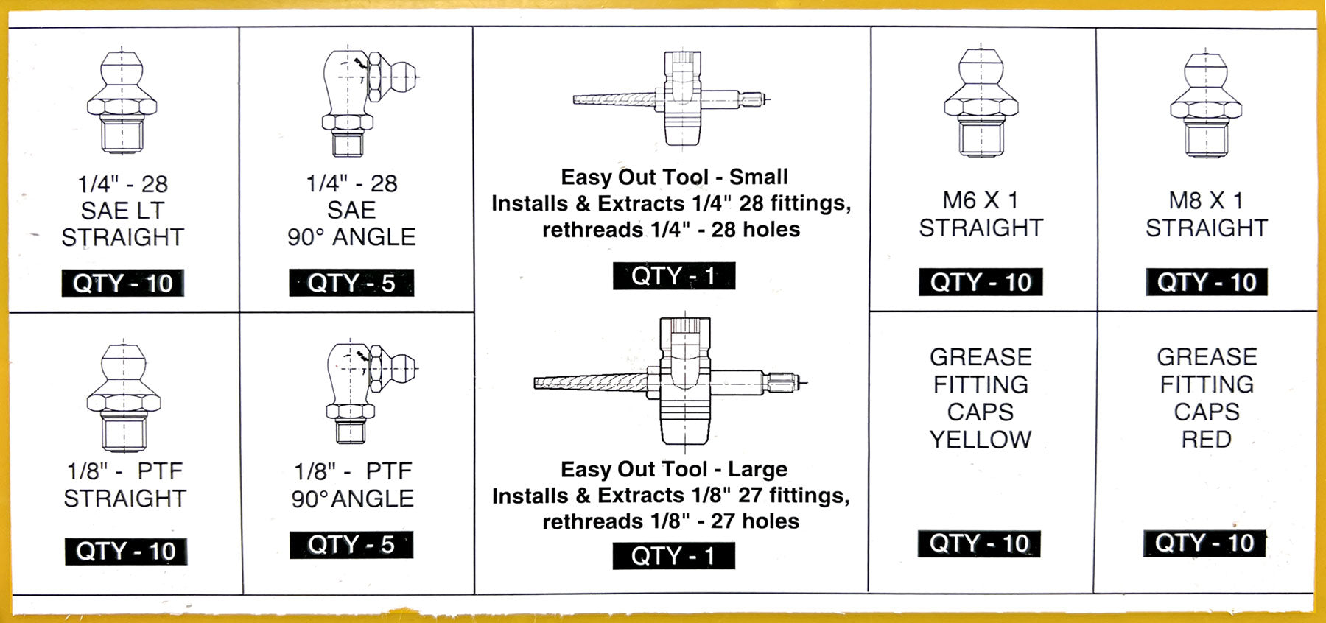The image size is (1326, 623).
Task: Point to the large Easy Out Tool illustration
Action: tap(670, 383)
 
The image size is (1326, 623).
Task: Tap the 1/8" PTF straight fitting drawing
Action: tap(124, 398)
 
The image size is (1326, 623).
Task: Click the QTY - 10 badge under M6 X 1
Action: tap(981, 282)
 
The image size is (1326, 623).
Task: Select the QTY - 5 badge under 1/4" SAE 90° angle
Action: tap(351, 283)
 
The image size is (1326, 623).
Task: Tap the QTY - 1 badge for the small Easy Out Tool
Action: tap(674, 276)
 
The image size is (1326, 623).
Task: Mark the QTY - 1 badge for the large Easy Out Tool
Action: tap(674, 556)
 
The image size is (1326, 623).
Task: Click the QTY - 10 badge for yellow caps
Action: tap(979, 543)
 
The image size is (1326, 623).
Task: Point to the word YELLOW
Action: tap(981, 440)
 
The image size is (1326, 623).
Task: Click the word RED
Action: tap(1207, 440)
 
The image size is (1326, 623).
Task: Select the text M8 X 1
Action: tap(1206, 200)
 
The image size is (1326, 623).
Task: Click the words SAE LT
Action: tap(123, 211)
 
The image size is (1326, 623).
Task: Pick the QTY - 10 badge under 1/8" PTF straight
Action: tap(126, 552)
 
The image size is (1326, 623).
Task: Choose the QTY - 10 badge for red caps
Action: tap(1204, 543)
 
